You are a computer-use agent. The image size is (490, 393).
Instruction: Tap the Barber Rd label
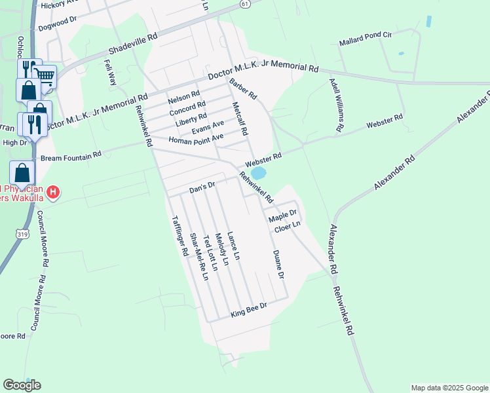tap(244, 90)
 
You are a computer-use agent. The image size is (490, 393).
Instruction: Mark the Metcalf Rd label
tap(240, 119)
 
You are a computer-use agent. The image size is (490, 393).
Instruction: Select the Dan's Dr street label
tap(202, 186)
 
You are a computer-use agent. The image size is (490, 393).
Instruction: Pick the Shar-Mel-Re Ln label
tap(198, 257)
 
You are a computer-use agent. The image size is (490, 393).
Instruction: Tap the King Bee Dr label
tap(249, 310)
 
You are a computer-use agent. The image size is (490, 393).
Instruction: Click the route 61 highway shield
tap(244, 3)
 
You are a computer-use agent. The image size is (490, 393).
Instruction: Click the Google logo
tap(22, 385)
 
